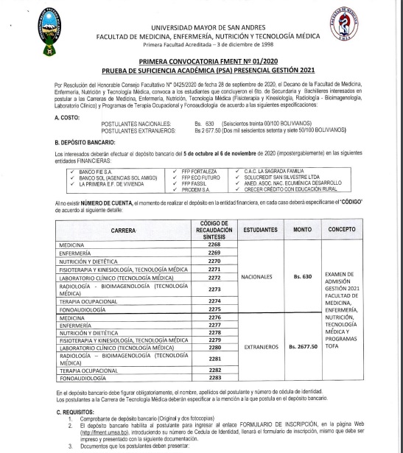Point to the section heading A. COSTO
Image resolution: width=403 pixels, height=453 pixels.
click(x=68, y=117)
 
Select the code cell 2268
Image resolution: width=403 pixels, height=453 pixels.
click(x=214, y=244)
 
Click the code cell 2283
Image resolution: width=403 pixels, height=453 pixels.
click(x=214, y=378)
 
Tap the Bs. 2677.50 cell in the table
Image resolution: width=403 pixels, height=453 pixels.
click(x=303, y=345)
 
